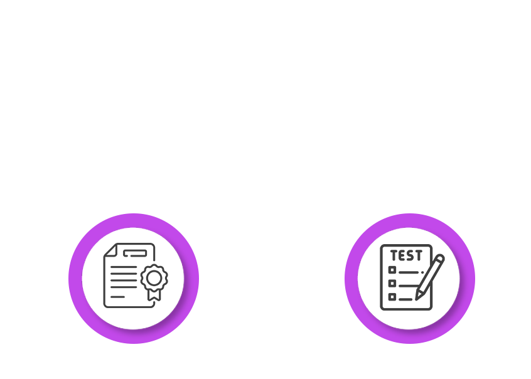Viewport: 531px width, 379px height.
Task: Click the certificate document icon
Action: tap(129, 276)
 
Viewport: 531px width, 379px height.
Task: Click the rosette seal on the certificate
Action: tap(153, 278)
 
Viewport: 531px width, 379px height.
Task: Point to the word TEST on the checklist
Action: tap(406, 256)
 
